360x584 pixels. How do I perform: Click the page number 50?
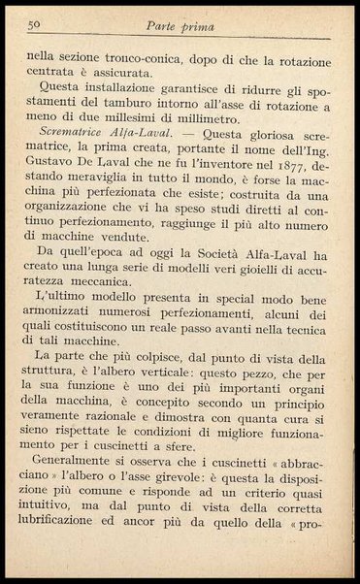tap(33, 24)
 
